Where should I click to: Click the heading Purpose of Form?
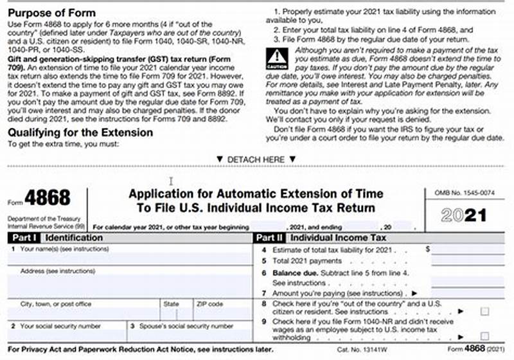pyautogui.click(x=51, y=13)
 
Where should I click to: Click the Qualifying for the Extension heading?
pyautogui.click(x=80, y=132)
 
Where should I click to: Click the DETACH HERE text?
pyautogui.click(x=256, y=159)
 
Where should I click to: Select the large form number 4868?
pyautogui.click(x=48, y=197)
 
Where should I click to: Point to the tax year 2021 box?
pyautogui.click(x=464, y=215)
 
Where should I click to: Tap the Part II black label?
pyautogui.click(x=269, y=237)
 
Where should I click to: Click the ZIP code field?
pyautogui.click(x=222, y=314)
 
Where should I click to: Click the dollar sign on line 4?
pyautogui.click(x=427, y=248)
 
